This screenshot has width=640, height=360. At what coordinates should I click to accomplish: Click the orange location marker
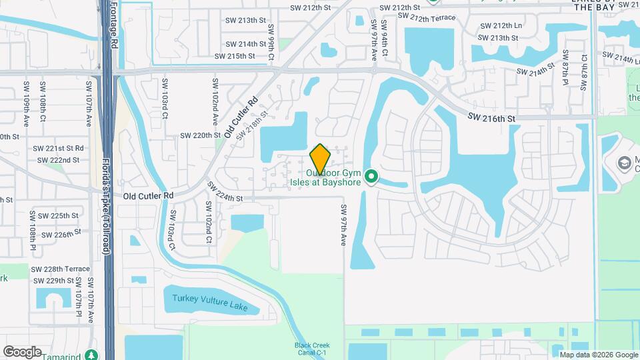tap(320, 159)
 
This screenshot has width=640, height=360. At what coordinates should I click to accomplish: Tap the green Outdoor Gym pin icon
tap(372, 177)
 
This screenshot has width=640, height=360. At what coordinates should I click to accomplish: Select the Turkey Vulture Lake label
tap(210, 302)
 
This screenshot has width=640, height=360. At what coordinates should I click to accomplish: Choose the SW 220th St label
tap(200, 135)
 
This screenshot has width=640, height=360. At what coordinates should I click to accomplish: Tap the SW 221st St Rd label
tap(61, 148)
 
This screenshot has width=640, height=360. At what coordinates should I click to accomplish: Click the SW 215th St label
tap(233, 56)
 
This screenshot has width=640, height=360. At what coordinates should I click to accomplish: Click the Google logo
tap(22, 351)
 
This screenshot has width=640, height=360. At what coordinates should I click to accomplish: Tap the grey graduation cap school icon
tap(624, 163)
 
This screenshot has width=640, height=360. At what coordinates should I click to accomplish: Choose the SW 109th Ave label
tap(27, 96)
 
